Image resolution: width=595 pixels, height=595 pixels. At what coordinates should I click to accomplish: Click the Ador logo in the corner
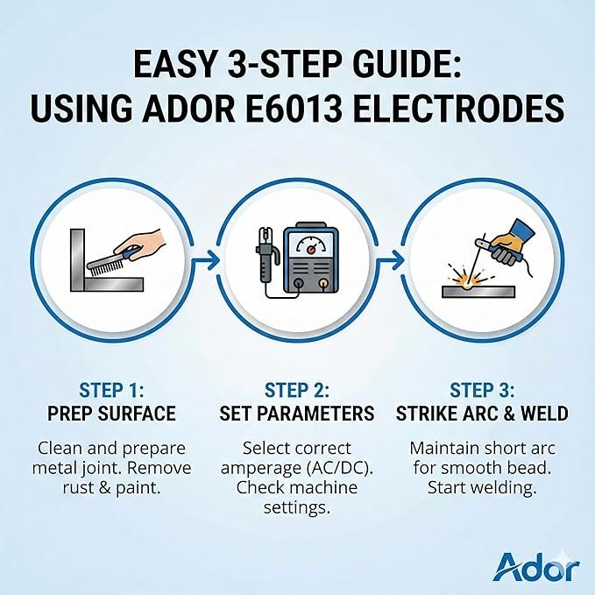coord(535,567)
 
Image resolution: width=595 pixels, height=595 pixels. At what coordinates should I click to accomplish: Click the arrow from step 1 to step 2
coord(205,260)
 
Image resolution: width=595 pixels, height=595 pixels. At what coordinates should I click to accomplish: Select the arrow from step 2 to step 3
coord(390,260)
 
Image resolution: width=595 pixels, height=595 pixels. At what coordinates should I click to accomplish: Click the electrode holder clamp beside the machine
coord(267,255)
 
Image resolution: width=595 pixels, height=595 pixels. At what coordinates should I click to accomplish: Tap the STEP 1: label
coord(111,391)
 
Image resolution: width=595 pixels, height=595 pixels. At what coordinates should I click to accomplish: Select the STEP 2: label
coord(297,391)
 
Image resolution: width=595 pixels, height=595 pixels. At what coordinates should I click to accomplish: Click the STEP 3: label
coord(482,391)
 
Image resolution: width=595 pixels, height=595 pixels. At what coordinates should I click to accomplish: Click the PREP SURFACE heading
coord(111,414)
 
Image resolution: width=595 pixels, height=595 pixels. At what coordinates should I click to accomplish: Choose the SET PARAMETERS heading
coord(297,414)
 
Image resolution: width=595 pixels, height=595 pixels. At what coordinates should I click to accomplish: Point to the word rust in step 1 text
coord(77,488)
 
